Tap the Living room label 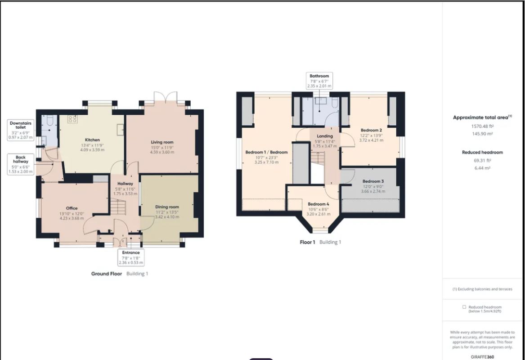[x=162, y=142]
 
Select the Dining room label [x=167, y=207]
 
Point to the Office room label [x=72, y=208]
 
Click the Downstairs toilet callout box [x=21, y=130]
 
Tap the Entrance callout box [x=131, y=257]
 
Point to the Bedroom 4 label [x=319, y=204]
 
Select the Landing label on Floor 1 [x=324, y=136]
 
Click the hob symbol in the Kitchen [x=72, y=119]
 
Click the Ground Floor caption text [x=107, y=274]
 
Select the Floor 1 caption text [x=308, y=242]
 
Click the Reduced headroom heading [x=482, y=152]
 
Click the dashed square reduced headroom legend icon [x=464, y=307]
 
